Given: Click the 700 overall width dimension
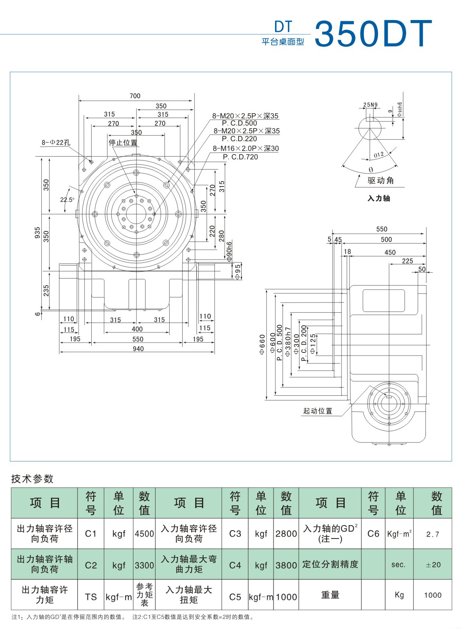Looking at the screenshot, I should (135, 96).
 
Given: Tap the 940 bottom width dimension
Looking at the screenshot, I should (138, 349).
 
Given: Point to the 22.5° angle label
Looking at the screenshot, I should (67, 200).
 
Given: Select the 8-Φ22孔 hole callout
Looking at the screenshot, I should (56, 142).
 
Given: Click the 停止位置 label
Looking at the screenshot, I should (123, 142).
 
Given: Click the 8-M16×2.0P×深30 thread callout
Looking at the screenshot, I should (246, 148).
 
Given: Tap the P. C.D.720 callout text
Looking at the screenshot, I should (240, 157).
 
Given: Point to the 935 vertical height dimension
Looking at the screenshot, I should (37, 232).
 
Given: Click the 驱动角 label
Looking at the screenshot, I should (381, 181).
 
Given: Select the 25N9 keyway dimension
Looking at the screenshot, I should (370, 105).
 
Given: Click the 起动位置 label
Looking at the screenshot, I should (318, 411).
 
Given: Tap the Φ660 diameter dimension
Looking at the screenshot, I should (262, 345).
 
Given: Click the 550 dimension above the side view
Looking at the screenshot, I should (382, 229).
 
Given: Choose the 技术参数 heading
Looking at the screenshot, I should (32, 479).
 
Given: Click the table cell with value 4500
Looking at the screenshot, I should (144, 534).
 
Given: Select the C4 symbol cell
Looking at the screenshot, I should (235, 565).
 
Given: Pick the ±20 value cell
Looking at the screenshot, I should (433, 565).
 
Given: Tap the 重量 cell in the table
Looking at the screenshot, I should (330, 595).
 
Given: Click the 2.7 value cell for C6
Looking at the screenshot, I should (432, 534).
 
